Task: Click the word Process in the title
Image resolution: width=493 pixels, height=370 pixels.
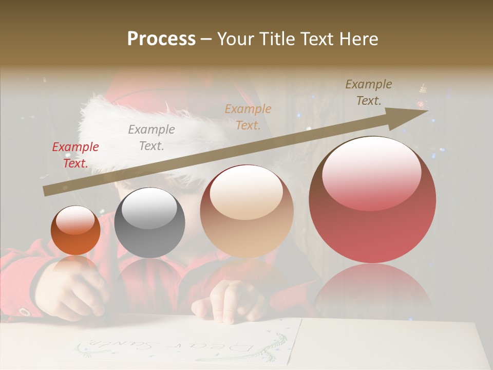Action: tap(161, 39)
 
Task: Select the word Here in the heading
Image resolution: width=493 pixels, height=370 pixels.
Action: tap(358, 39)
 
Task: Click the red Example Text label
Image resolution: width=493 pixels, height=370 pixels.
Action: tap(75, 155)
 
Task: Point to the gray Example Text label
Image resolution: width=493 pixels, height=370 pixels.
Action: tap(151, 138)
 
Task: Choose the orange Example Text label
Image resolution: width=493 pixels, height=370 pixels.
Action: tap(248, 117)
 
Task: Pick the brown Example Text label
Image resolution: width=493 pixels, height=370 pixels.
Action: tap(369, 92)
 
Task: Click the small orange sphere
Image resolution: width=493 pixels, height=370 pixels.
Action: tap(75, 230)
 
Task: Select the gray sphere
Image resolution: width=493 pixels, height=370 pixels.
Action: tap(149, 223)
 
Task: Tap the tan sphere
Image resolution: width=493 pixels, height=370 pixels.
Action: tap(246, 211)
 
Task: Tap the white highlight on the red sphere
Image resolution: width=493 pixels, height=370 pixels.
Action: tap(371, 172)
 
